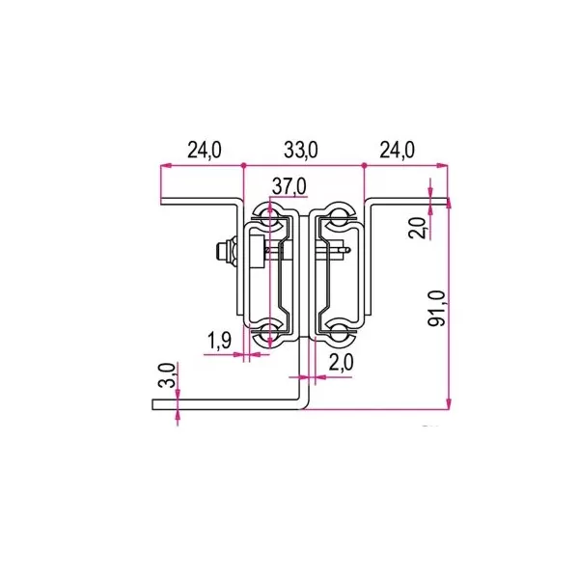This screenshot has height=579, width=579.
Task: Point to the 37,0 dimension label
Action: click(289, 185)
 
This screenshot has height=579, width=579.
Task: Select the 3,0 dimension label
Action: click(166, 375)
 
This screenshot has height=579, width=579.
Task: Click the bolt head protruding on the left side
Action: click(223, 253)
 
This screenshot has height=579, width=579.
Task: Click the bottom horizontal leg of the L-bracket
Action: click(227, 406)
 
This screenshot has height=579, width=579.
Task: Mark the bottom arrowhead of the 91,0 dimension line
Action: click(449, 404)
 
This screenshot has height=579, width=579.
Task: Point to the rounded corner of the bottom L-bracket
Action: click(303, 403)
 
